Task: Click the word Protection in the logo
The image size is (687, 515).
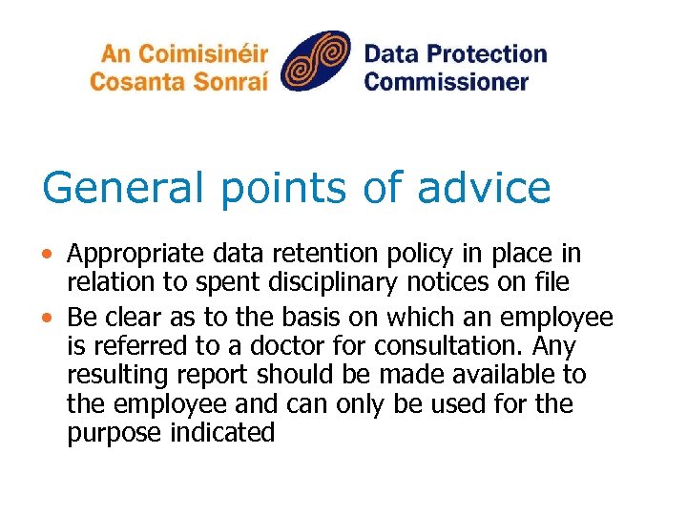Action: [x=488, y=53]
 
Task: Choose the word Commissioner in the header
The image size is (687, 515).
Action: [x=446, y=80]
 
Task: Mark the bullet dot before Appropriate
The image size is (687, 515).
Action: [x=50, y=255]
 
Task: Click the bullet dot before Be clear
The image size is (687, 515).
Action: [x=50, y=316]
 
